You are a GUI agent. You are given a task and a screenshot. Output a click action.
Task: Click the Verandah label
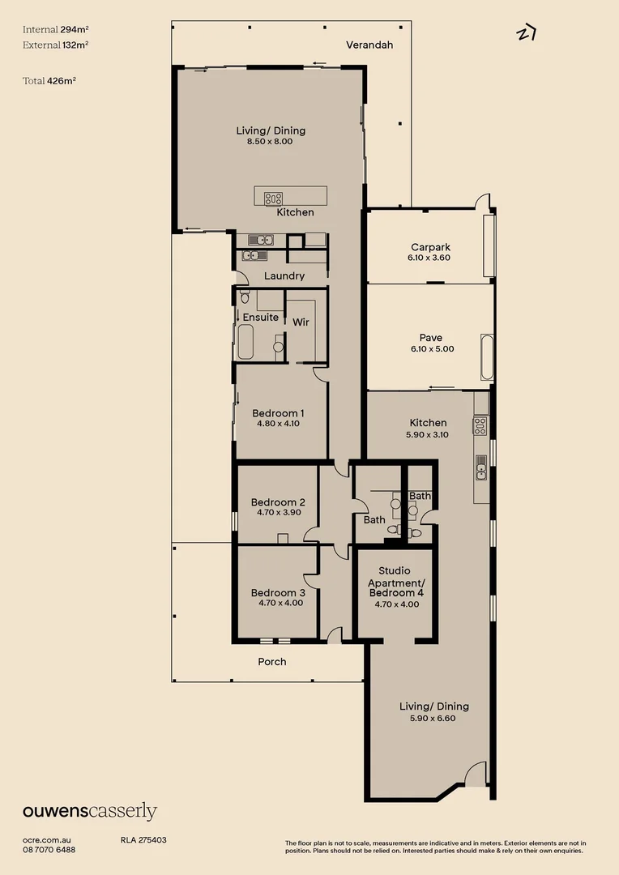pyautogui.click(x=369, y=45)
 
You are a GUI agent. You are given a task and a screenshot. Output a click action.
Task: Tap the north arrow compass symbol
pyautogui.click(x=527, y=33)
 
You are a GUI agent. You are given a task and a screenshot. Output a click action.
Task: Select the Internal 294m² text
pyautogui.click(x=56, y=29)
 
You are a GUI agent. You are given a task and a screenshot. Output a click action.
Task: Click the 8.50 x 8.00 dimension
pyautogui.click(x=270, y=142)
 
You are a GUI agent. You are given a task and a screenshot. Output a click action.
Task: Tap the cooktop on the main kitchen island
pyautogui.click(x=274, y=197)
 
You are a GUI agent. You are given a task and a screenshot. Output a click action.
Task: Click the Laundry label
pyautogui.click(x=284, y=276)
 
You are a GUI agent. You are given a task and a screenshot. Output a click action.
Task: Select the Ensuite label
pyautogui.click(x=260, y=318)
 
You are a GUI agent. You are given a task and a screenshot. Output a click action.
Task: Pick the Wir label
pyautogui.click(x=301, y=322)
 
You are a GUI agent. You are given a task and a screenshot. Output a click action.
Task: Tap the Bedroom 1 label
pyautogui.click(x=278, y=413)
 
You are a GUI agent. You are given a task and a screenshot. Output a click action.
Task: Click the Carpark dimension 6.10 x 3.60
pyautogui.click(x=429, y=258)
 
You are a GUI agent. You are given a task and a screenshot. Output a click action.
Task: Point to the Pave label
pyautogui.click(x=430, y=338)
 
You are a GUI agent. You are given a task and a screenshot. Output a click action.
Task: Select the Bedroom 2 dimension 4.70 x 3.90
pyautogui.click(x=278, y=512)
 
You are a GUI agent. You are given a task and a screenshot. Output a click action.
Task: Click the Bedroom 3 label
pyautogui.click(x=278, y=592)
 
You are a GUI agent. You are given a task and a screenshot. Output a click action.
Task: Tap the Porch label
pyautogui.click(x=271, y=662)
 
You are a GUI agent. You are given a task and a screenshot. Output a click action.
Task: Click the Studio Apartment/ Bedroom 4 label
pyautogui.click(x=395, y=582)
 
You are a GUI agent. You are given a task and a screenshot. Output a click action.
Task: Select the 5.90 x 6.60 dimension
pyautogui.click(x=433, y=718)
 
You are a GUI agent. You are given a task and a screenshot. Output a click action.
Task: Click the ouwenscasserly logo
pyautogui.click(x=90, y=812)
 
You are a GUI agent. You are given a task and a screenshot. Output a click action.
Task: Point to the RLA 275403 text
pyautogui.click(x=143, y=840)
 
